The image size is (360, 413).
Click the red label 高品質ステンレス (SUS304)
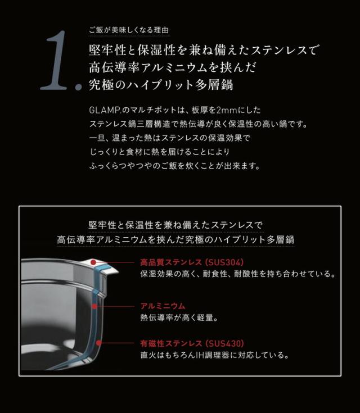click(192, 262)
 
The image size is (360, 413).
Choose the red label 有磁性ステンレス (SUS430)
click(192, 343)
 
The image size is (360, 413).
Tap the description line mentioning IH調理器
click(214, 355)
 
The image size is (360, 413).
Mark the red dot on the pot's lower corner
click(99, 342)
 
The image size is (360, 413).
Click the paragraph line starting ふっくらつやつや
click(174, 166)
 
